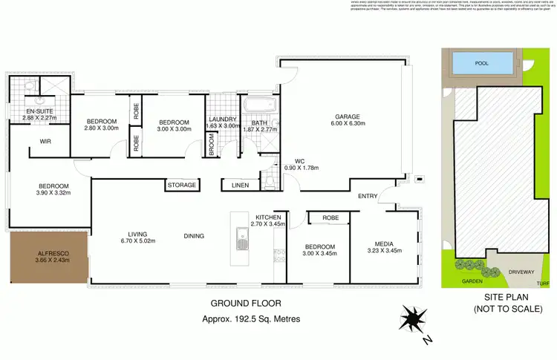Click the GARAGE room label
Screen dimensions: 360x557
point(346,117)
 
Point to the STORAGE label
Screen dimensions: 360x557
point(182,185)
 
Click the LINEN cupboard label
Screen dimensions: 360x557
point(240,185)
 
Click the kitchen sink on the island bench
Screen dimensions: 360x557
point(241,240)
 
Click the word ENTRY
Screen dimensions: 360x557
point(367,196)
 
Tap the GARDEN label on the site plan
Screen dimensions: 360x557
point(472,281)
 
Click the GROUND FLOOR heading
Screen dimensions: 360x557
point(247,304)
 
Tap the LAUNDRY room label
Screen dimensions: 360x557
point(222,120)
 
